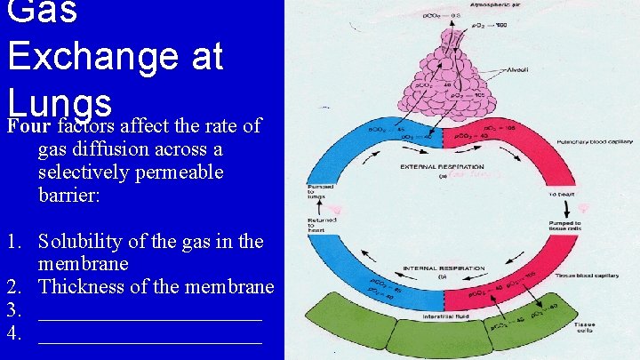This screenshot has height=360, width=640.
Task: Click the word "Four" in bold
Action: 27,126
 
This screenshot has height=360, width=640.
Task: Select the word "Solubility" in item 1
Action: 83,241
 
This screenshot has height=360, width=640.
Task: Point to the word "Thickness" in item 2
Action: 83,286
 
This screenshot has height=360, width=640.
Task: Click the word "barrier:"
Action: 71,195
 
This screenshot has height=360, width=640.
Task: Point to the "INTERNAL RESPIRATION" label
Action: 444,268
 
